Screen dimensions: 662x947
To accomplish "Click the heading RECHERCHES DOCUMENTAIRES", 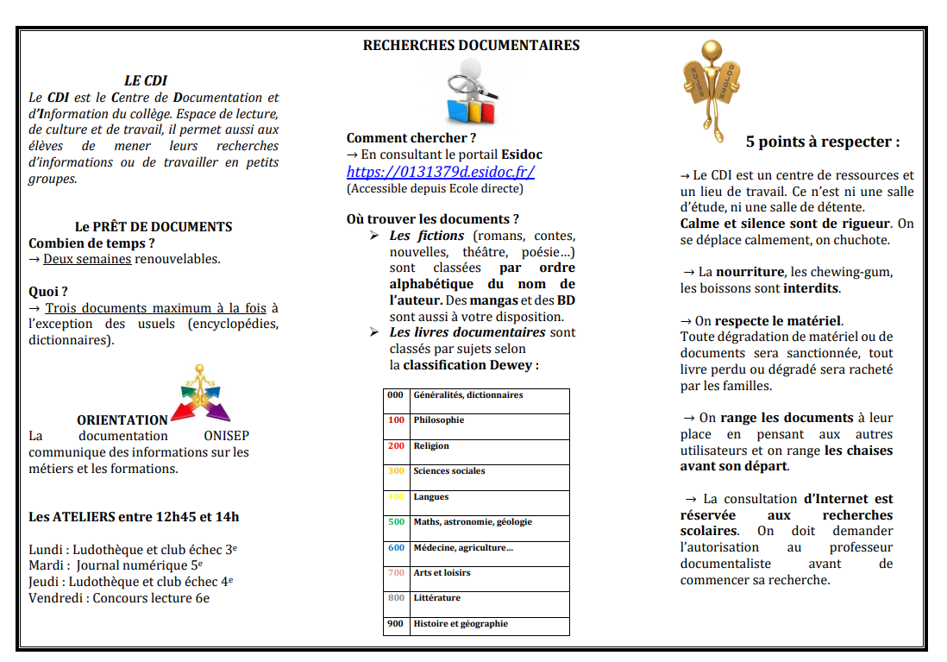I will click(x=471, y=46).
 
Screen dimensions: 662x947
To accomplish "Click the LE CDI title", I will click(x=146, y=81).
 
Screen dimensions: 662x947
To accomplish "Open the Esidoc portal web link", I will click(x=441, y=172).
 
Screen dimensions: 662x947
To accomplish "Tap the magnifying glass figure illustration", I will click(x=470, y=94).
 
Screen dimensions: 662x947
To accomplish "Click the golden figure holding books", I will click(x=711, y=82).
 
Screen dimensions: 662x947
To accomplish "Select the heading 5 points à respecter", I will click(x=822, y=142).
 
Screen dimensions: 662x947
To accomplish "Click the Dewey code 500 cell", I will click(x=396, y=522).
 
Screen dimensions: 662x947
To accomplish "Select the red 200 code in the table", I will click(x=396, y=446).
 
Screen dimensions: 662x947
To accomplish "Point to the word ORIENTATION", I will click(x=122, y=420).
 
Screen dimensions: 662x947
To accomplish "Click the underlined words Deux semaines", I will click(x=87, y=259).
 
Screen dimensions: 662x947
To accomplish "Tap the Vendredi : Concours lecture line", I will click(x=119, y=597).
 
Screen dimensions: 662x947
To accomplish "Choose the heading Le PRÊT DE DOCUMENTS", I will click(x=154, y=227).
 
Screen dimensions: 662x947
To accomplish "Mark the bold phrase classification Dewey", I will click(x=470, y=365).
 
